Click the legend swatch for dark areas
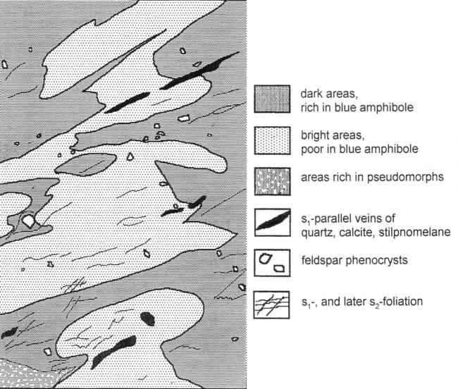272,99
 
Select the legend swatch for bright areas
272,140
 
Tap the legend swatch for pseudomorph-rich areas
272,181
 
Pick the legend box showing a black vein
272,223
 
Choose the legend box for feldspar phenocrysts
272,263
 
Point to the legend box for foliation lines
272,304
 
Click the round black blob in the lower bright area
147,319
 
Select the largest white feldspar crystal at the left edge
29,221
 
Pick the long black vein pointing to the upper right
200,70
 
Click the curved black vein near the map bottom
113,352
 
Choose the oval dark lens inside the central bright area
85,164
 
